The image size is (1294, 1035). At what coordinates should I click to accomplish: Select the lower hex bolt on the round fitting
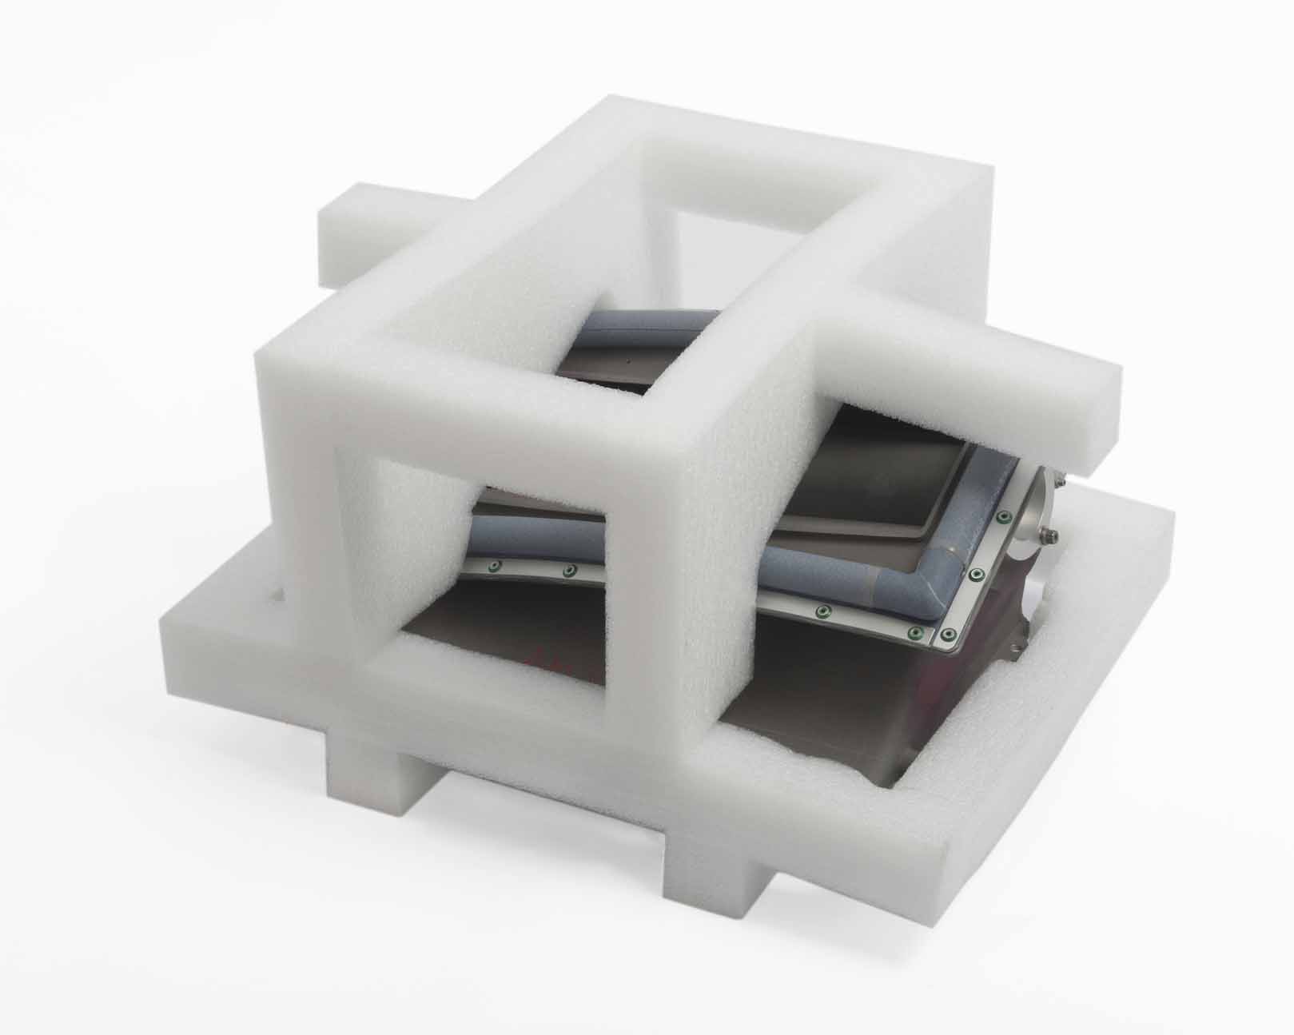[1049, 534]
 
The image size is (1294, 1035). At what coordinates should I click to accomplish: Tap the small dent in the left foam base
[276, 595]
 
